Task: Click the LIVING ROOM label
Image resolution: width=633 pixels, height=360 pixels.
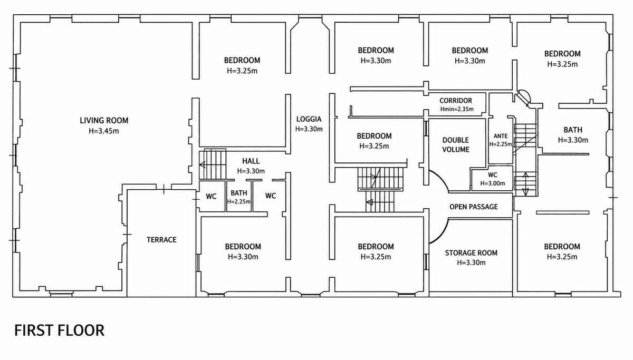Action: (104, 121)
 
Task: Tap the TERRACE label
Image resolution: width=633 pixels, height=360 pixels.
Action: (161, 240)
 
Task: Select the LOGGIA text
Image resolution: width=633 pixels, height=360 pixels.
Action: (309, 119)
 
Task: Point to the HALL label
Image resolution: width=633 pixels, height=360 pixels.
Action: (251, 161)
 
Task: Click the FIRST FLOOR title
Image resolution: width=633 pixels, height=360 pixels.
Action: (59, 330)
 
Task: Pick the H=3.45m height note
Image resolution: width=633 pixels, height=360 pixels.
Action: (104, 131)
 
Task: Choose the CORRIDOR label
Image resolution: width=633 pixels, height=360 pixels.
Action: (456, 101)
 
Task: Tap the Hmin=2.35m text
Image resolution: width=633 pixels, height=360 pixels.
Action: (457, 109)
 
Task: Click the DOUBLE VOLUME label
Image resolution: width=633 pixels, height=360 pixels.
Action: (456, 144)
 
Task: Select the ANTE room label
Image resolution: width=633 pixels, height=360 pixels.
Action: (501, 136)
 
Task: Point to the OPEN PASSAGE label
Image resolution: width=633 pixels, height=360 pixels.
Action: (474, 207)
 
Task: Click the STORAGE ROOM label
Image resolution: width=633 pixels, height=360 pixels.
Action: (471, 252)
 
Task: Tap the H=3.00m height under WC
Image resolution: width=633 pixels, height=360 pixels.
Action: (493, 183)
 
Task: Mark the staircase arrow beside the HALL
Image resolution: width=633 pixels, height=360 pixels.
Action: (203, 164)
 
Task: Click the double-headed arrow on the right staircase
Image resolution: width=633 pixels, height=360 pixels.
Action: (525, 184)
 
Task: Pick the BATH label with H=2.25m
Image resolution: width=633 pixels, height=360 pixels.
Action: (239, 193)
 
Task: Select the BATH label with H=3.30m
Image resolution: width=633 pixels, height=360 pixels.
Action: (573, 130)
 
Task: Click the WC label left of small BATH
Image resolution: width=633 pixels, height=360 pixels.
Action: (211, 196)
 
